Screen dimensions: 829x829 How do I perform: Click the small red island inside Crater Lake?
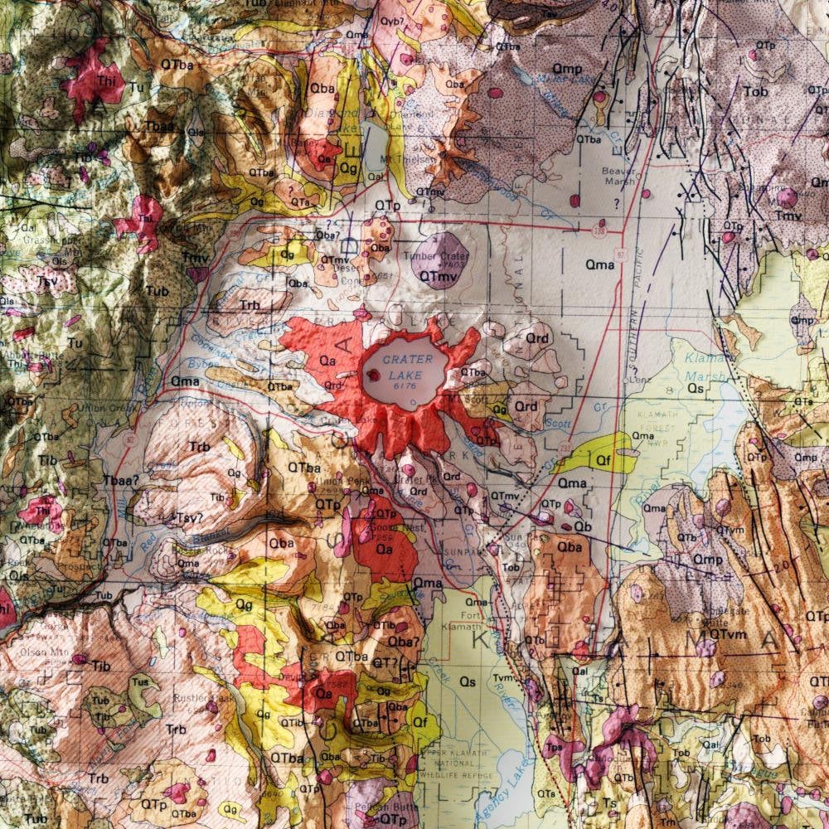[374, 375]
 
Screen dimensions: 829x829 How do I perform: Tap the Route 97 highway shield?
[621, 252]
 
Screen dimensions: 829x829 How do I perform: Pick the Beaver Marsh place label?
[618, 176]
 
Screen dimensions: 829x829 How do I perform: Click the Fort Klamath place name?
[474, 621]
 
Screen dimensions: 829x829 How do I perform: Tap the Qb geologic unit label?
[583, 526]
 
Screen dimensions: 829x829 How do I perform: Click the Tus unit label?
[140, 681]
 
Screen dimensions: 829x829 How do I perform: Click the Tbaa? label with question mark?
[120, 479]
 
